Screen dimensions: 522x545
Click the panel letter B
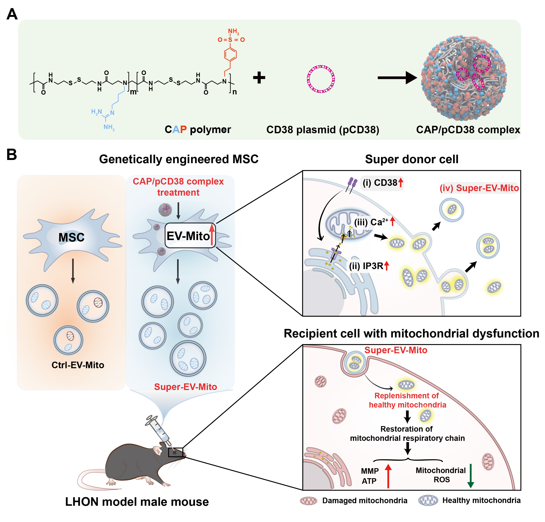click(12, 155)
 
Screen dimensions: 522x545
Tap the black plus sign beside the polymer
click(259, 78)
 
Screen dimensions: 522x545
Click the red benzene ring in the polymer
click(230, 54)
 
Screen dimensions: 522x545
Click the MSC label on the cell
click(71, 237)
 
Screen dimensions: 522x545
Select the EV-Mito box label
click(188, 236)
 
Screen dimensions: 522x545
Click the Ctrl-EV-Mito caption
click(78, 365)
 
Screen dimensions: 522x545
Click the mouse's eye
click(175, 453)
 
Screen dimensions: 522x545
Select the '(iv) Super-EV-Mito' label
click(479, 188)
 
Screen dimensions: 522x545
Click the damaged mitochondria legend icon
click(308, 501)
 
